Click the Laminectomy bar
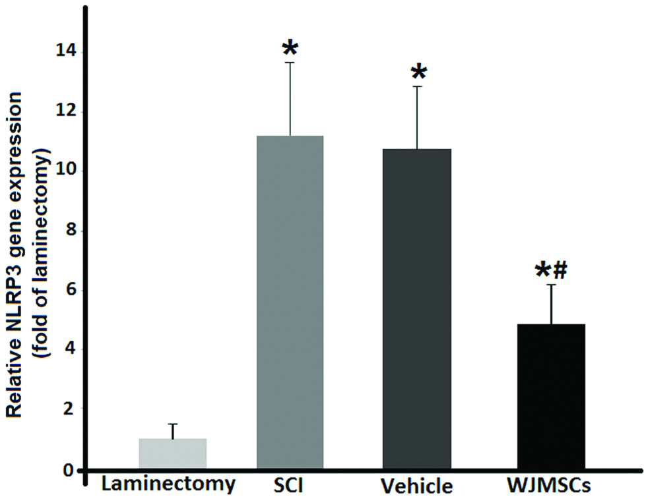[x=173, y=453]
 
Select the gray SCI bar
[x=290, y=303]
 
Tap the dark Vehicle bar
[x=417, y=310]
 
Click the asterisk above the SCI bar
[x=290, y=49]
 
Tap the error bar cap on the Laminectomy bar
[x=173, y=424]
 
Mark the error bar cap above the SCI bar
[x=290, y=63]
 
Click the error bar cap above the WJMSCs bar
[x=551, y=285]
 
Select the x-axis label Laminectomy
[x=168, y=485]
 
